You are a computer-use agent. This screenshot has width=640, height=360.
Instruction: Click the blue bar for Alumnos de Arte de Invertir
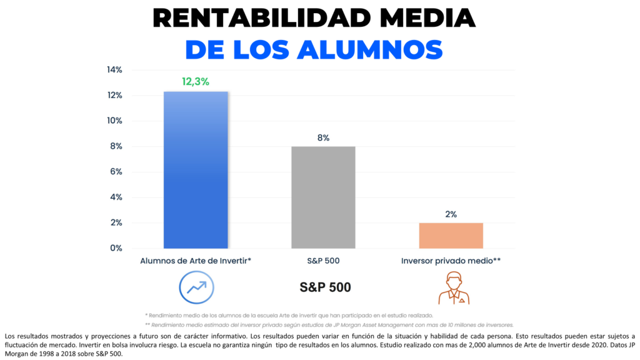(196, 170)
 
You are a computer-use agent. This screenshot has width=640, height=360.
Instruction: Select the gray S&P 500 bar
(323, 197)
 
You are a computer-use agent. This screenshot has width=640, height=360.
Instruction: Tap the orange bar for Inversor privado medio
(451, 236)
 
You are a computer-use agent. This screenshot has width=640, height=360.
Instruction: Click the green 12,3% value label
(196, 82)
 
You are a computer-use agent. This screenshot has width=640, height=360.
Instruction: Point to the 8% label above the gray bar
(323, 137)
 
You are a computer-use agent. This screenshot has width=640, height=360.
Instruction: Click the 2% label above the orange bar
(451, 214)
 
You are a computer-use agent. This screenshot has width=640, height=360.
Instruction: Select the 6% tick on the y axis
(116, 172)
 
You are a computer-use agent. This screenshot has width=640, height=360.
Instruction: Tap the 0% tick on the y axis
(116, 248)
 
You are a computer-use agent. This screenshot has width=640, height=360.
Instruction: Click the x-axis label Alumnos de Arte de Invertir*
(196, 261)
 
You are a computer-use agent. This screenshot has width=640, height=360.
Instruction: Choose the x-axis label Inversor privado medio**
(451, 261)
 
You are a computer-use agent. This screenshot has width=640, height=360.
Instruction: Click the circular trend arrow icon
(196, 286)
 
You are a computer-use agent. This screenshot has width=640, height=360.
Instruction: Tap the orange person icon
(454, 287)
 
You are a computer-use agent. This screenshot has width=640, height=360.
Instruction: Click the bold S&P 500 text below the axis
(325, 287)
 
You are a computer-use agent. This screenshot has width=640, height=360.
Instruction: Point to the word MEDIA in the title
(431, 18)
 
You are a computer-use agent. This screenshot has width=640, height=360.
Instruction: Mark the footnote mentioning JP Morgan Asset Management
(329, 324)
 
